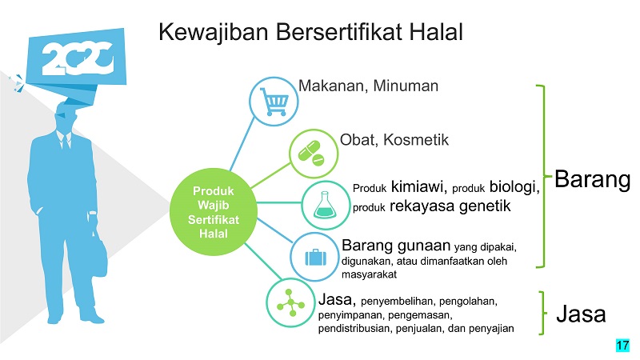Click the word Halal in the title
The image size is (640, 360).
tap(436, 32)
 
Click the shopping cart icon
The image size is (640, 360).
tap(274, 102)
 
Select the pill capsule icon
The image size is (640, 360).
tap(312, 154)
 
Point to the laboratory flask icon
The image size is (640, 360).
tap(326, 205)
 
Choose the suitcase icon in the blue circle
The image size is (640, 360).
tap(315, 257)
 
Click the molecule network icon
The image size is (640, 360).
tap(290, 303)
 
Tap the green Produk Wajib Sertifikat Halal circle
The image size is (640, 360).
tap(214, 212)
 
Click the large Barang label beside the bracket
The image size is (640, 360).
tap(592, 179)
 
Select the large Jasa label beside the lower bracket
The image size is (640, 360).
tap(581, 314)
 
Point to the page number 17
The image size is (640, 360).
tap(622, 346)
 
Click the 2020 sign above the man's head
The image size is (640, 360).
tap(76, 58)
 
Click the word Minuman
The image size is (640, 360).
tap(406, 86)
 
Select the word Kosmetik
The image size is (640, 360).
tap(415, 140)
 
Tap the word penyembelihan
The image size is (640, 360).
tap(396, 302)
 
